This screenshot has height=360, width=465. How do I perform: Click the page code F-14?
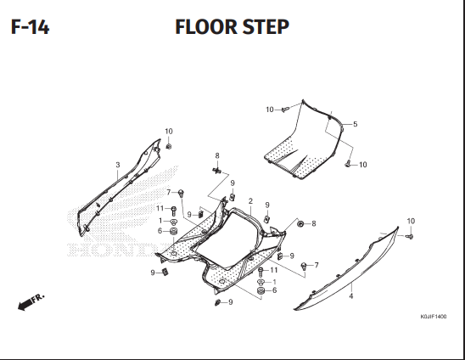tap(30, 27)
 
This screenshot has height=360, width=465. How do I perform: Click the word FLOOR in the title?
tap(206, 27)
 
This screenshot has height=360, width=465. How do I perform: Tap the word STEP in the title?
tap(266, 27)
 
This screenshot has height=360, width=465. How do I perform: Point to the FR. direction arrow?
tap(31, 302)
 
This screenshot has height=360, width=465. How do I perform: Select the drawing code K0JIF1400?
tap(434, 317)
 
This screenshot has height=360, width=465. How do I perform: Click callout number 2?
tap(250, 201)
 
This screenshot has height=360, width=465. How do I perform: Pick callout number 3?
tap(118, 165)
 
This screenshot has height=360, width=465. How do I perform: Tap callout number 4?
tap(351, 295)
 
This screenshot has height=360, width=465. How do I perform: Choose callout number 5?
tap(356, 124)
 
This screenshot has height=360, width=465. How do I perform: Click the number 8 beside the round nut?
tap(314, 223)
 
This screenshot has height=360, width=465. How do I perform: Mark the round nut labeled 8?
tap(300, 223)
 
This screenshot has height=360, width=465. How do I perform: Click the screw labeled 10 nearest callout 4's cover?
tap(410, 236)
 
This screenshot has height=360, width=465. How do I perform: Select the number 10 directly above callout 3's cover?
tap(169, 131)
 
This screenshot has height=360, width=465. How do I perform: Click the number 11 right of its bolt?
tap(274, 270)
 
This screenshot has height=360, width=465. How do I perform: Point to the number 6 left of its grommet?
tap(160, 231)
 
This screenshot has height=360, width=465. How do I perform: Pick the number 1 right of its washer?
tap(274, 282)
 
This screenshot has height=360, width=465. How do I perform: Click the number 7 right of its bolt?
tap(317, 265)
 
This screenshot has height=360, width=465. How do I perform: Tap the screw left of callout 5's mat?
tap(285, 110)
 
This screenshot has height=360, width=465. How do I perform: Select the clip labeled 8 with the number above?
tap(217, 171)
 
